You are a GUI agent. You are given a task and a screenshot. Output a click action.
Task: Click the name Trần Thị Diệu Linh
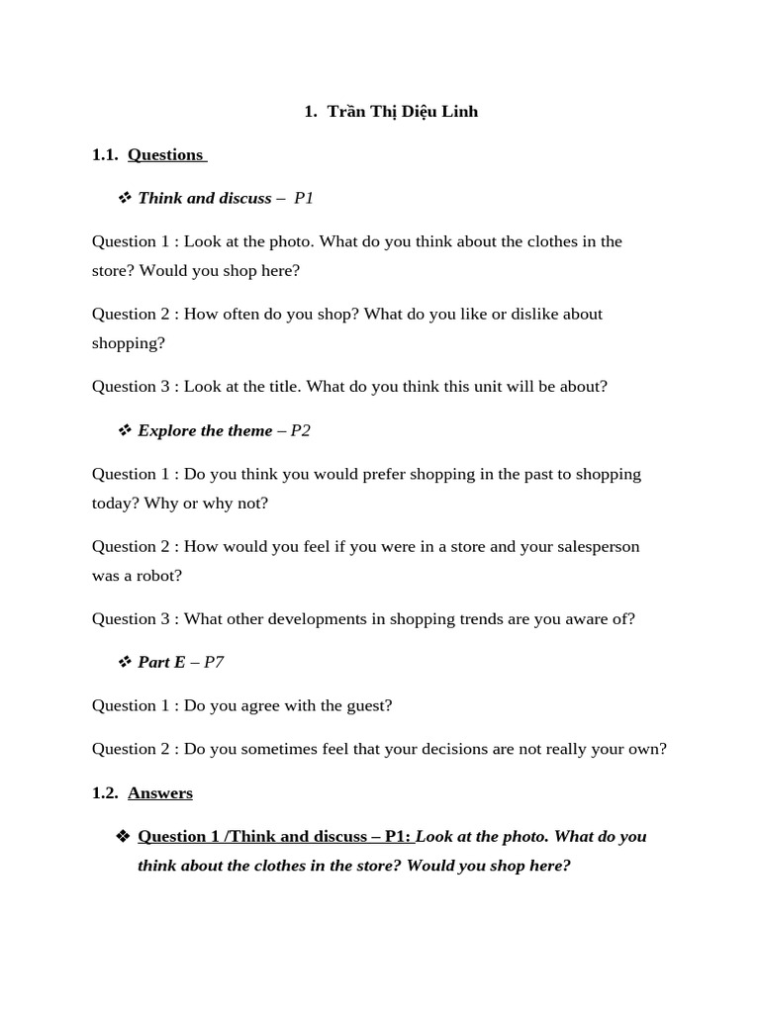coord(402,112)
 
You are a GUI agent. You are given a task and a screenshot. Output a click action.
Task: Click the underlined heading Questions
coord(165,154)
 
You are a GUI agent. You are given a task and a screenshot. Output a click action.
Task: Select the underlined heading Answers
coord(160,793)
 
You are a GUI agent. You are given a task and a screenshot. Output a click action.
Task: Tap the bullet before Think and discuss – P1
coord(125,198)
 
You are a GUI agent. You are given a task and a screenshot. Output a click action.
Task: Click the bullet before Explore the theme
coord(125,430)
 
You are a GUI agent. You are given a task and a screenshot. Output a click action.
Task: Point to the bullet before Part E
coord(125,662)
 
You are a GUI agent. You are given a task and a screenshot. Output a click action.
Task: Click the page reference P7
coord(214,662)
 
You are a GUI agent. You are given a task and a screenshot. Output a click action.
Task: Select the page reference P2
coord(300,430)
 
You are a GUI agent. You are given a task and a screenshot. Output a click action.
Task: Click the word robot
coord(160,576)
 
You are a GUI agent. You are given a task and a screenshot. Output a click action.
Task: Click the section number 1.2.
coord(105,793)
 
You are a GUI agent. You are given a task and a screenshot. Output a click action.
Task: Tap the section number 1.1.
coord(105,154)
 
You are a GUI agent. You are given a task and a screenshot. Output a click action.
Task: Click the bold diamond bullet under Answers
coord(123,837)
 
